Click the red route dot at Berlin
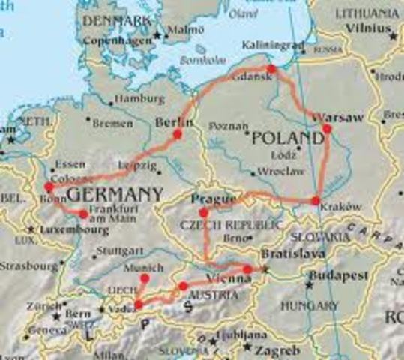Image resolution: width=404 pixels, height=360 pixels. pyautogui.click(x=178, y=134)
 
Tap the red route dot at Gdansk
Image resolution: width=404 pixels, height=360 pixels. pyautogui.click(x=271, y=69)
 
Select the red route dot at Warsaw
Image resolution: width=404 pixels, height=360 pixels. pyautogui.click(x=327, y=128)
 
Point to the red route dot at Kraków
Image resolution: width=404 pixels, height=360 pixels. pyautogui.click(x=316, y=200)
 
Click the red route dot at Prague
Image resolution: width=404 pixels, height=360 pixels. pyautogui.click(x=203, y=213)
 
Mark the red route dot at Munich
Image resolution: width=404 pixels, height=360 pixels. pyautogui.click(x=145, y=278)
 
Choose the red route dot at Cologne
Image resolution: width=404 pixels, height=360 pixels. pyautogui.click(x=49, y=187)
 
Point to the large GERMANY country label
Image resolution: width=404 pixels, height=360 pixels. pyautogui.click(x=115, y=195)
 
